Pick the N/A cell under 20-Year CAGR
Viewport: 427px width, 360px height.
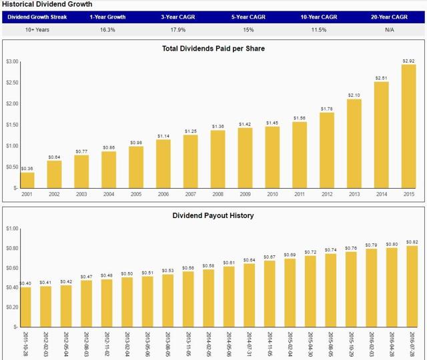389,30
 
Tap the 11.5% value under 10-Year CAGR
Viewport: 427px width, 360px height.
319,30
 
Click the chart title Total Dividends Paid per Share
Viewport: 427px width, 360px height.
213,48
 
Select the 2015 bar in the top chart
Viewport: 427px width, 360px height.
408,127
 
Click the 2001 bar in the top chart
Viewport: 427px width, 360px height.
27,180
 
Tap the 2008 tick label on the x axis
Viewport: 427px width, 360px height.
218,195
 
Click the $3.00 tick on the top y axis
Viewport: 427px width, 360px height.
11,61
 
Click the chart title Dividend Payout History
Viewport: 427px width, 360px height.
213,215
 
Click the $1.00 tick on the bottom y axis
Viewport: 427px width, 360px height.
11,229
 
